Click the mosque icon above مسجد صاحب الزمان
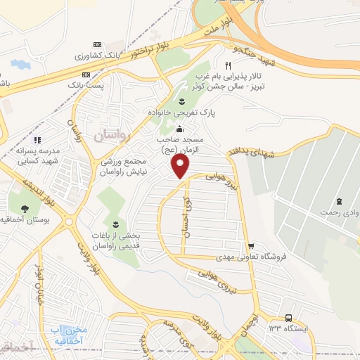(179, 128)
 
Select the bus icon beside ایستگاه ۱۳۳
(289, 318)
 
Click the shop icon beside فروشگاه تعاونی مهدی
(251, 245)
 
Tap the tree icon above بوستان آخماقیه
(25, 208)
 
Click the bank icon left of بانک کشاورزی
(97, 44)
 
